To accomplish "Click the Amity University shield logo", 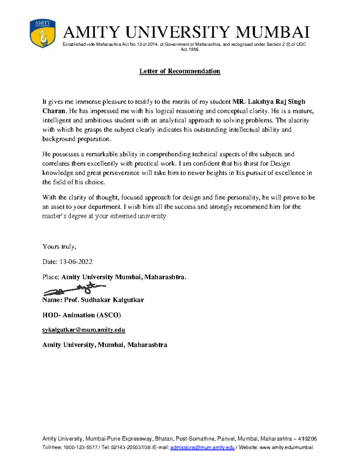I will (42, 33).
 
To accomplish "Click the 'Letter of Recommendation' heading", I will (180, 71).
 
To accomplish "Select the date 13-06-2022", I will (76, 262).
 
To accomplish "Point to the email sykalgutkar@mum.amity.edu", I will (83, 330).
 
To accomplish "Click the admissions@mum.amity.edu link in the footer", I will (202, 447).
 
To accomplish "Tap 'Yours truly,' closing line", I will (59, 247).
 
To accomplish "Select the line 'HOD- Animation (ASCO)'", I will (82, 315).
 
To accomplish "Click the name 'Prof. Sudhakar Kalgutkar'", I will (104, 300).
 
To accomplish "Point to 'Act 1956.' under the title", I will (190, 50).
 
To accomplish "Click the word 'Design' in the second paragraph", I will (280, 164).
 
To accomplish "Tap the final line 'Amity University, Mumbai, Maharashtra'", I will (105, 345).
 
